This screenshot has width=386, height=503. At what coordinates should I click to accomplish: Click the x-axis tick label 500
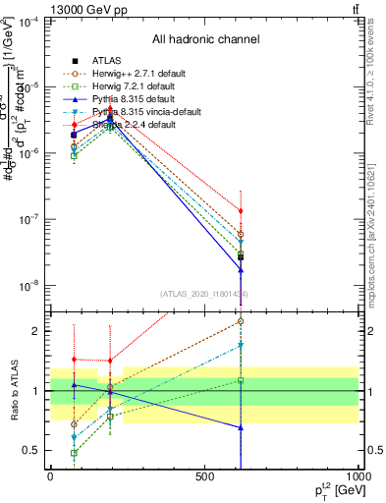(204, 476)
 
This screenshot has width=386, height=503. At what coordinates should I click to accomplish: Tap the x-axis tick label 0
(50, 476)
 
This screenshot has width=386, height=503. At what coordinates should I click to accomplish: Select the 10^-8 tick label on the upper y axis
(29, 286)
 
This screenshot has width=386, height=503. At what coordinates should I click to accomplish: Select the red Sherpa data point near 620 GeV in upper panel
(241, 211)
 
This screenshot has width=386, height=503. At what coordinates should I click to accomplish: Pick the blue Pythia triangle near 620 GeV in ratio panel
(241, 427)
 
